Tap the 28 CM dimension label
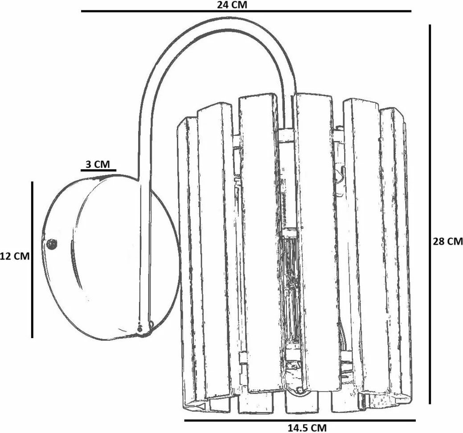click(448, 241)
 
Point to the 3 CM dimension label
click(98, 164)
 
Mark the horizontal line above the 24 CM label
click(245, 11)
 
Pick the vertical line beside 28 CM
click(430, 214)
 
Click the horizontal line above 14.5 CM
click(299, 420)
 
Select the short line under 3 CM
click(98, 170)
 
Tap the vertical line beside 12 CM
click(33, 259)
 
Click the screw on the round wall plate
click(52, 244)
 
